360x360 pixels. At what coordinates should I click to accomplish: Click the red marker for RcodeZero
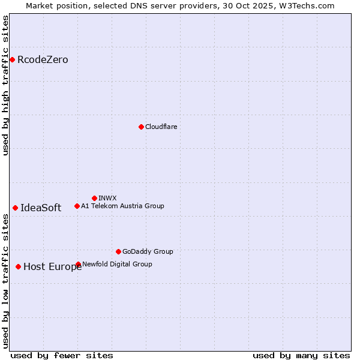pos(12,59)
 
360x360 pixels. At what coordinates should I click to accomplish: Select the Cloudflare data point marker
pos(141,127)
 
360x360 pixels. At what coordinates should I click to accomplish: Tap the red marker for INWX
pos(94,198)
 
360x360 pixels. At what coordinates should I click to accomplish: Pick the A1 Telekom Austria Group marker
pos(77,206)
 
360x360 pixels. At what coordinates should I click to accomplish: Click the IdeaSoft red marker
pos(15,208)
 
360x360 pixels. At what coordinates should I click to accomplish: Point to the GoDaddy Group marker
pos(118,251)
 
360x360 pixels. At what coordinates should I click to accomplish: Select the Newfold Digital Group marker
pos(79,264)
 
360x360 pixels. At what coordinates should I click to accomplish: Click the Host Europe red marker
pos(18,266)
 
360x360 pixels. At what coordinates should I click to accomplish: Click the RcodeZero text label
pos(43,59)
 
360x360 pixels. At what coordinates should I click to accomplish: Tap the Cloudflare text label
pos(161,127)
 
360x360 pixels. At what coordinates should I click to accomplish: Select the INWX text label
pos(107,198)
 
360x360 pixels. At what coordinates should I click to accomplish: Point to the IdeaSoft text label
pos(41,208)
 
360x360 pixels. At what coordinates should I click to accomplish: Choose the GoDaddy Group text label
pos(148,251)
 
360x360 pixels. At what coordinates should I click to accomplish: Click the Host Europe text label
pos(52,267)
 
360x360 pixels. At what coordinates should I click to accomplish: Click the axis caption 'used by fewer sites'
pos(62,355)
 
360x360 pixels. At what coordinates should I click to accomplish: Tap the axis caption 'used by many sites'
pos(301,355)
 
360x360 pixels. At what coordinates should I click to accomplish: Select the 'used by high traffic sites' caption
pos(5,85)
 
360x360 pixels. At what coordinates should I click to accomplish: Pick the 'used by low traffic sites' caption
pos(5,281)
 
